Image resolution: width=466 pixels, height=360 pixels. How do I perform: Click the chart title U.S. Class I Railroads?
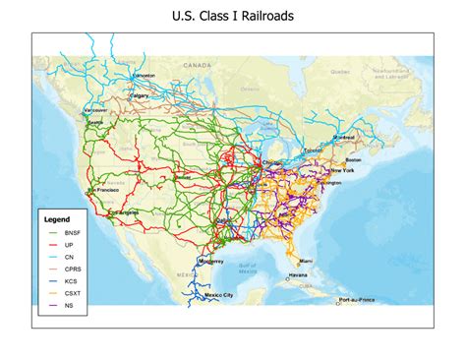click(233, 17)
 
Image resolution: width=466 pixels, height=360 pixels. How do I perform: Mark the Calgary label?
click(138, 95)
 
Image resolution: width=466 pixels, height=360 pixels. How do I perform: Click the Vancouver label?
click(95, 111)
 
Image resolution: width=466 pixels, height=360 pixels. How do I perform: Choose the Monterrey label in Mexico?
click(211, 261)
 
